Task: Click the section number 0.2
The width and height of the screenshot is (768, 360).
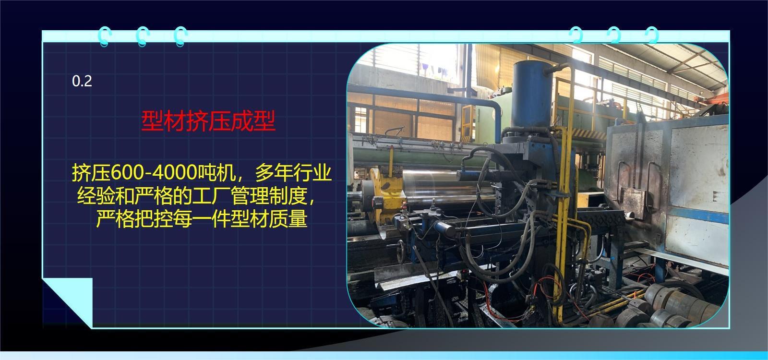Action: pyautogui.click(x=82, y=82)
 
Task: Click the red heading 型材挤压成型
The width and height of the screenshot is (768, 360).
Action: pyautogui.click(x=208, y=122)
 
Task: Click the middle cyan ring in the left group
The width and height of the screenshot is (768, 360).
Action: pyautogui.click(x=142, y=36)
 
